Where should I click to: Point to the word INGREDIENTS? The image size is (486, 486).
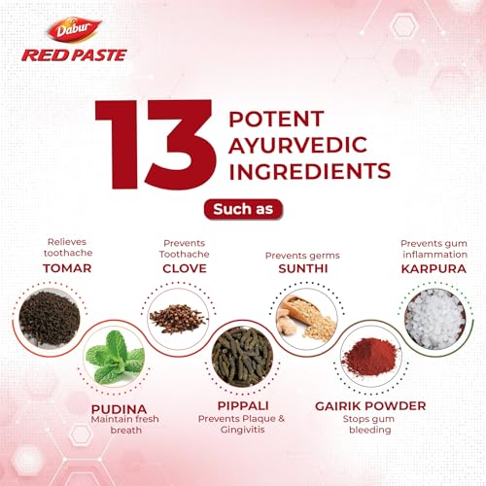pos(307,173)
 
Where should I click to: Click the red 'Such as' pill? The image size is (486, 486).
pos(242,207)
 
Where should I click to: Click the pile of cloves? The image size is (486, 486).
pos(177,309)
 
